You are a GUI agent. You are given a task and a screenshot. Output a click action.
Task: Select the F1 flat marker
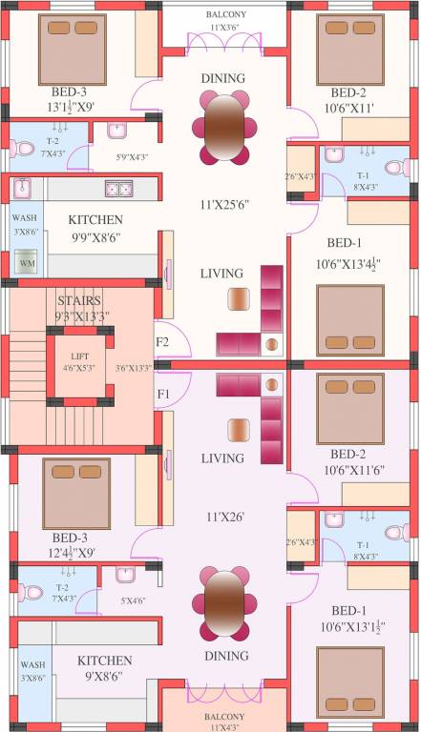click(x=162, y=393)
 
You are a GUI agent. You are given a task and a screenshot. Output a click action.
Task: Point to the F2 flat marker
click(x=162, y=342)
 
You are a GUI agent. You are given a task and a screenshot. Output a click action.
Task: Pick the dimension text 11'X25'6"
click(x=222, y=203)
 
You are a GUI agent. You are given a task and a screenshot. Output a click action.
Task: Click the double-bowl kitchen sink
click(x=118, y=189)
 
